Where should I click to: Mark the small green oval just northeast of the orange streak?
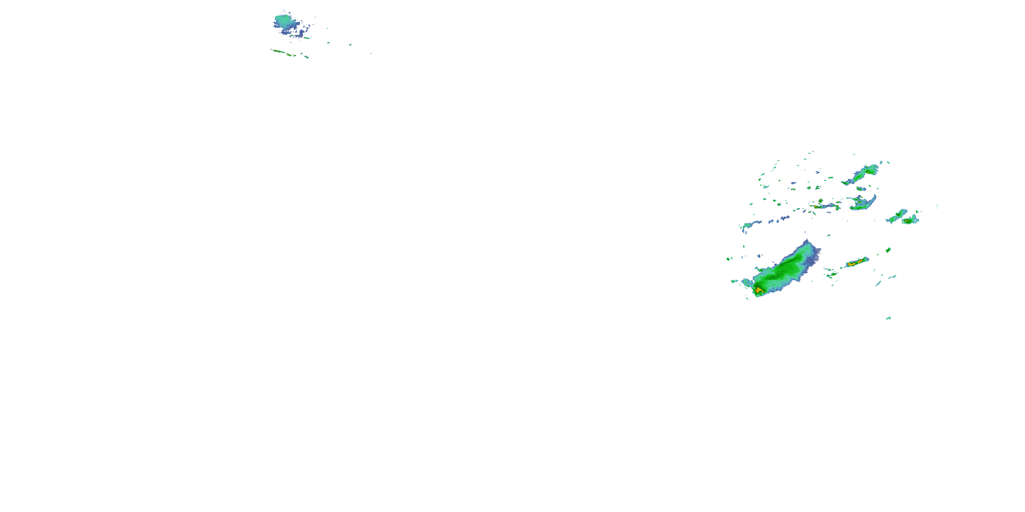[x=888, y=250]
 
